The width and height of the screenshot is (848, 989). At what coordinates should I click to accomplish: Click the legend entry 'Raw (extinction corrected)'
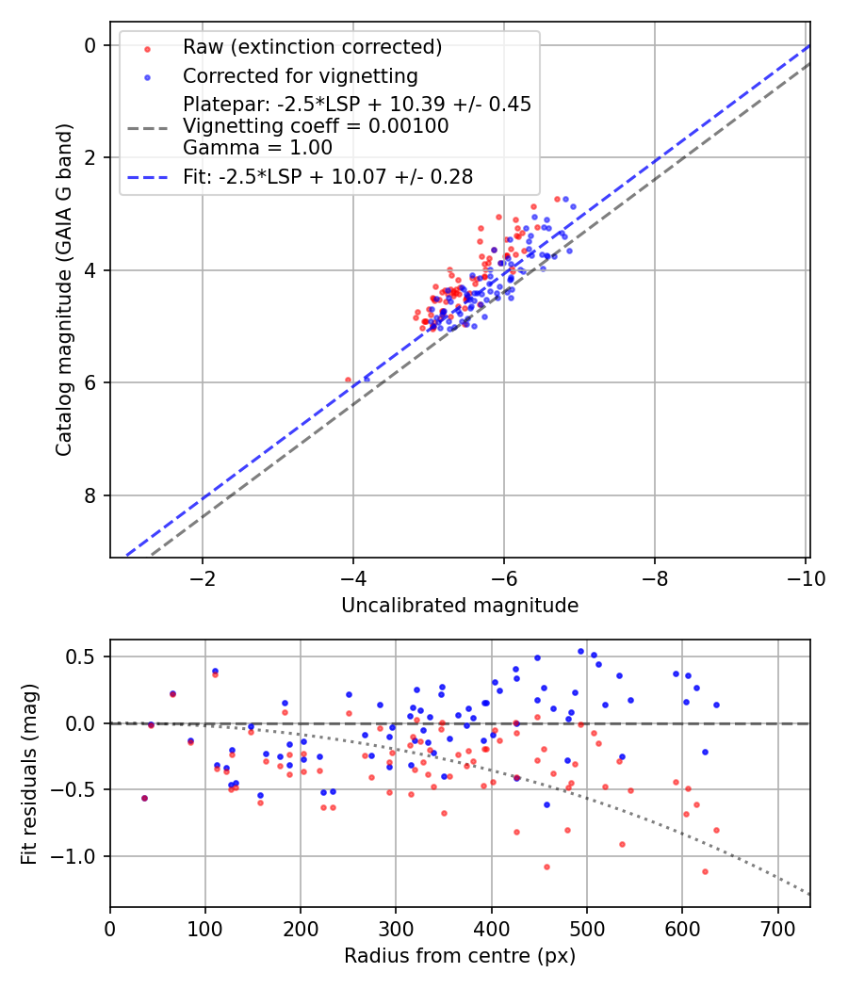pos(312,47)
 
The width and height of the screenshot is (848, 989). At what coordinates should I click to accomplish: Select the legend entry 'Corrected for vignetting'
pos(300,75)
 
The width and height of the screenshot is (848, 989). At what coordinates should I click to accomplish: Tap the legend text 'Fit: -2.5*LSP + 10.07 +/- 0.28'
pos(328,175)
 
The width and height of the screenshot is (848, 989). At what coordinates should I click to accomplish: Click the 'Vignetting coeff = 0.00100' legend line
pos(316,125)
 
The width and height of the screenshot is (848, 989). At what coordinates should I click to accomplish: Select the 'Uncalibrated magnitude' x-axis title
pos(460,605)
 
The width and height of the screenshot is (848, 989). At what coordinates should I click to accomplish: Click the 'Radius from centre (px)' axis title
pos(460,956)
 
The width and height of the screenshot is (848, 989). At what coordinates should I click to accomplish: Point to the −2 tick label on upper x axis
pos(203,577)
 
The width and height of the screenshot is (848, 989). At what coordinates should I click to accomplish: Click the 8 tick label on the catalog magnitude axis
pos(90,495)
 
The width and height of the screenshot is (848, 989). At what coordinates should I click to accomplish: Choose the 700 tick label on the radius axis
pos(777,928)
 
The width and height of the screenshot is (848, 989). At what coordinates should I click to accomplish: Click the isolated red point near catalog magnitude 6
pos(348,381)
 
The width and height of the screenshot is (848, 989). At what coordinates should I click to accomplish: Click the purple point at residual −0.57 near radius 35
pos(144,798)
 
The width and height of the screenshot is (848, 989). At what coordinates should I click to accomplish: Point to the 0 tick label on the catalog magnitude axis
pos(90,45)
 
